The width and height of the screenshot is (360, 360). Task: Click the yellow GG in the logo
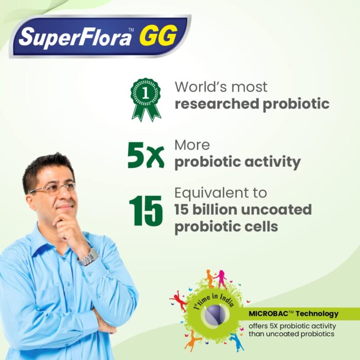[158, 36]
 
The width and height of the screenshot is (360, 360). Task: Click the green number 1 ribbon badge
[146, 99]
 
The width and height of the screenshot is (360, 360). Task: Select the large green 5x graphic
[146, 155]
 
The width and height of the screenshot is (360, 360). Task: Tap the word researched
[217, 104]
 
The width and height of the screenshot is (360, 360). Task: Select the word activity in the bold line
[273, 163]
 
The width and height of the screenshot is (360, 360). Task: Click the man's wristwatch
[88, 257]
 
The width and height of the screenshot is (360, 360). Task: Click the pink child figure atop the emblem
[221, 279]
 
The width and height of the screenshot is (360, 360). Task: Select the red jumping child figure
[179, 300]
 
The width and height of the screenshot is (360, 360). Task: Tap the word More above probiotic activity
[192, 145]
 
